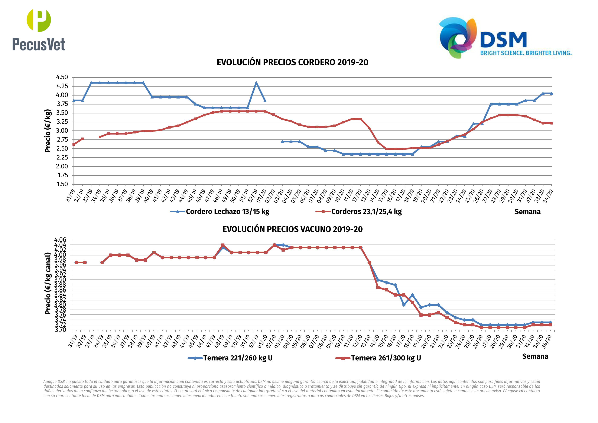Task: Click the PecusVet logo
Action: [39, 30]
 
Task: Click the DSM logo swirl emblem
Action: [458, 37]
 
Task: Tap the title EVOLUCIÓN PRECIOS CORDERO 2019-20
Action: [292, 62]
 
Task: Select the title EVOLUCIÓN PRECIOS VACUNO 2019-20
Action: [292, 229]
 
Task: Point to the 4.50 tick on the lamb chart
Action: [62, 77]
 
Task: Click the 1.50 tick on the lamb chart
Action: [62, 184]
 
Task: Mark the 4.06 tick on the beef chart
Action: [60, 240]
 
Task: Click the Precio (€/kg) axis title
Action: [48, 130]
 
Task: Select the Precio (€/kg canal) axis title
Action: [48, 283]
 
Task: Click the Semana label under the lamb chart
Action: [527, 212]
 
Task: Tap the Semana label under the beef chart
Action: [535, 356]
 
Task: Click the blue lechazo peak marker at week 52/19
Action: [256, 83]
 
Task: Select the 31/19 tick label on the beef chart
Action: [73, 341]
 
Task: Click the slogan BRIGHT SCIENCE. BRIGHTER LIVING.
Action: [526, 53]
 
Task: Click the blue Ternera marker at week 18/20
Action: [412, 295]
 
